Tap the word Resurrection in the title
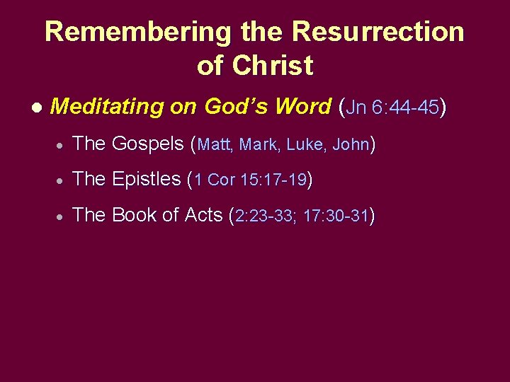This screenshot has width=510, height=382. tap(378, 33)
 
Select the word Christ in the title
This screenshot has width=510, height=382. tap(273, 66)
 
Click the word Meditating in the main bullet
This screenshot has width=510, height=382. tap(107, 107)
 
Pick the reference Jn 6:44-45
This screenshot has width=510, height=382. tap(394, 107)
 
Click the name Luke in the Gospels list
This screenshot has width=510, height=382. tap(306, 145)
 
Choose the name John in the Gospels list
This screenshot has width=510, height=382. tap(350, 145)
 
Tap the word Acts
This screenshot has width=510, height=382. tap(203, 215)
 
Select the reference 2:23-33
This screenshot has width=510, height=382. tap(265, 216)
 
